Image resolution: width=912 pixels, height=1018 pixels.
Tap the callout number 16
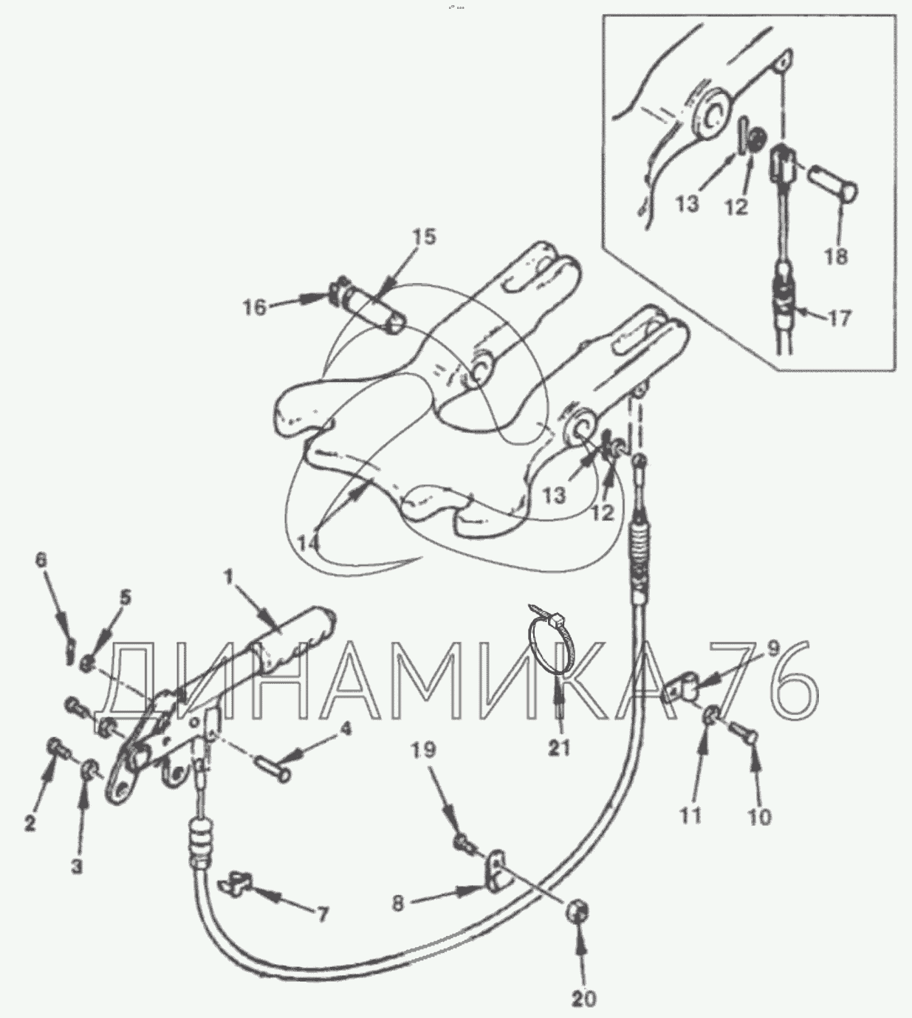255,307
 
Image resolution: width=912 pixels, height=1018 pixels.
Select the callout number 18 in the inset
836,257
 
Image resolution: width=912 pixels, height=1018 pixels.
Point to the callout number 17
840,318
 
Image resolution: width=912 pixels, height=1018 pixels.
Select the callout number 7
322,914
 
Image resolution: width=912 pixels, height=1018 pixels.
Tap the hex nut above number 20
578,911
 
